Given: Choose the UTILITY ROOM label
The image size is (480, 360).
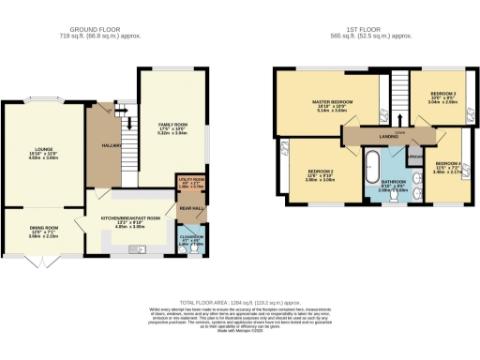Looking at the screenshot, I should [x=191, y=178].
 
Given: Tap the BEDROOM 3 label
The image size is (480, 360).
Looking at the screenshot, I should [x=443, y=95].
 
